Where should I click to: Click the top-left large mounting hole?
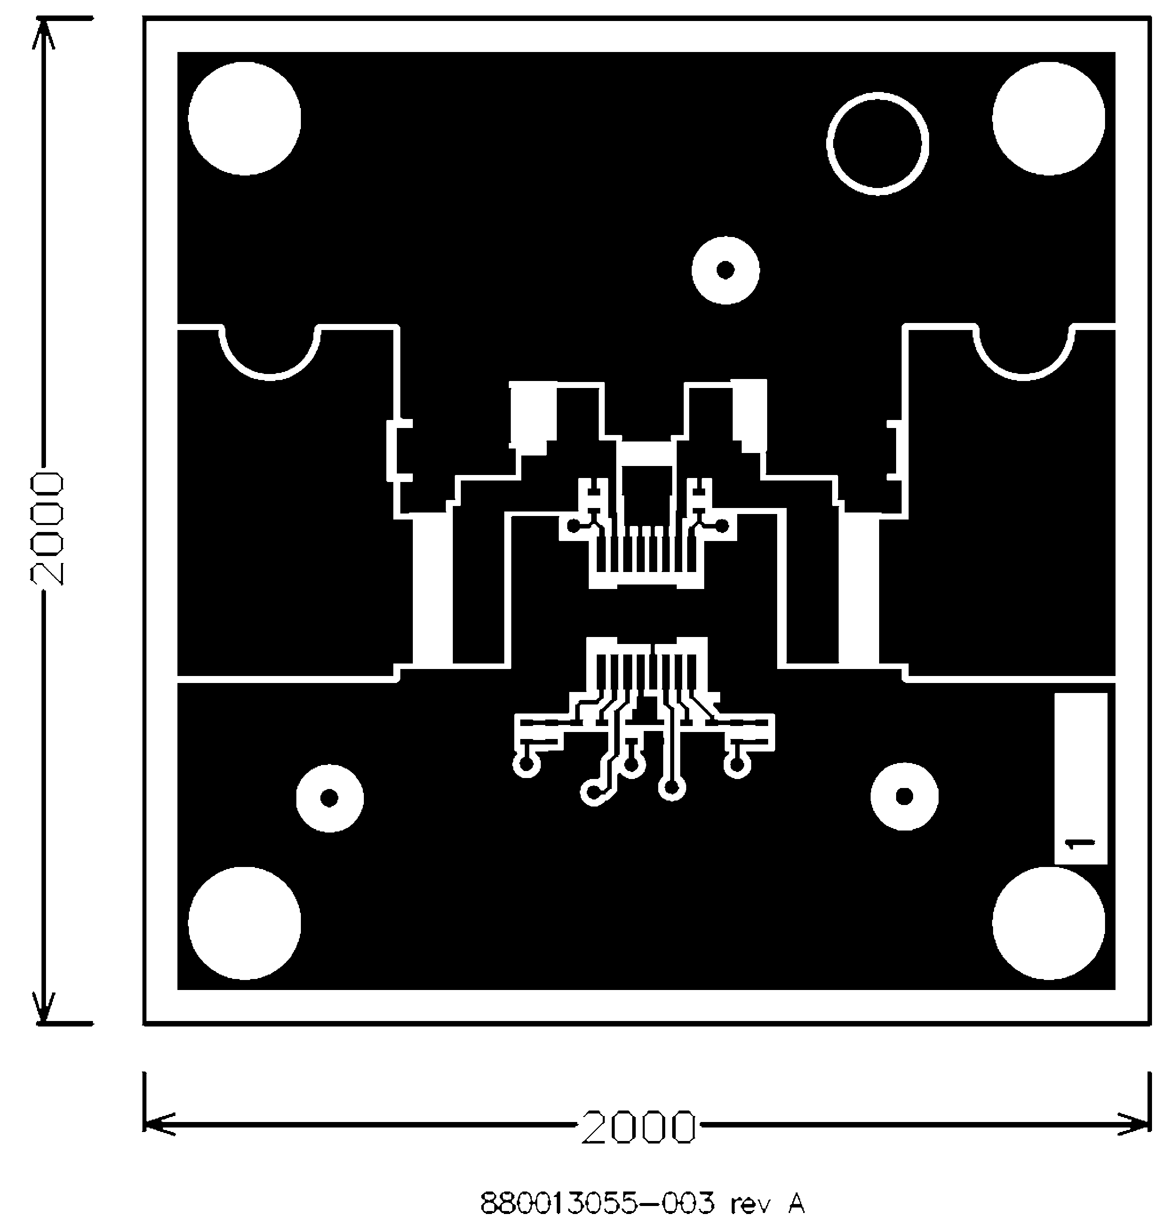[x=244, y=119]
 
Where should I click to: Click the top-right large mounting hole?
[x=1049, y=119]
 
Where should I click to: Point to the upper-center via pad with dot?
[x=725, y=270]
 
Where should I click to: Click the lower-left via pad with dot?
[x=329, y=797]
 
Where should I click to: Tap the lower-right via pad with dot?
[x=904, y=796]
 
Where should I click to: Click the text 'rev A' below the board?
[x=767, y=1203]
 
